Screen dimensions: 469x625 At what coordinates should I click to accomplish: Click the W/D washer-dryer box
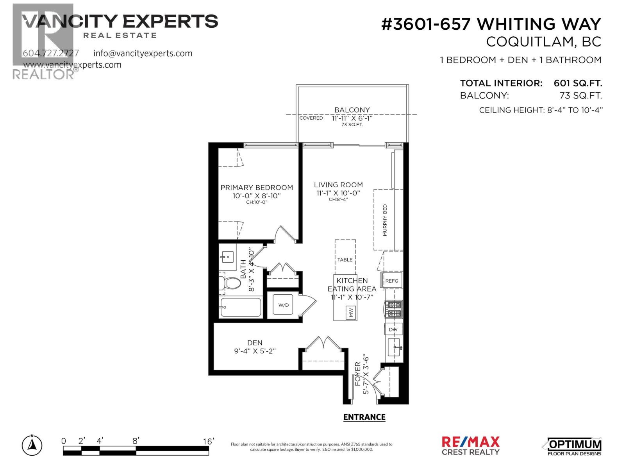pos(284,305)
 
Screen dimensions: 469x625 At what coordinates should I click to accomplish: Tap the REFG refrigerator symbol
pos(392,281)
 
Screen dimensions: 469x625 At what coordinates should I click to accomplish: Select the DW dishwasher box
pos(393,329)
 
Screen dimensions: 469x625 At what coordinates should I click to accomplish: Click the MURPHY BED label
pos(385,220)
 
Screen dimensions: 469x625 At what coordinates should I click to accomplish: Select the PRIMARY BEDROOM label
pos(257,188)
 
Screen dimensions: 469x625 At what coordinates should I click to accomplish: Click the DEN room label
pos(255,343)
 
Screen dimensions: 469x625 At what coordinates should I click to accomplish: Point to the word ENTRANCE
pos(364,417)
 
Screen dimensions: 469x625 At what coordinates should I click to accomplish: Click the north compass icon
pos(32,445)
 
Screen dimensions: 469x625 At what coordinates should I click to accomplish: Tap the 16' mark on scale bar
pos(209,441)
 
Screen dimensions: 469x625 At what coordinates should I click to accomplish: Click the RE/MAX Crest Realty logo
pos(470,446)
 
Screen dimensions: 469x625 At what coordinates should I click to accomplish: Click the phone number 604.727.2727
pos(51,53)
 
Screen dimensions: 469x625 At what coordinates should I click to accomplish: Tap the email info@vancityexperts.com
pos(143,53)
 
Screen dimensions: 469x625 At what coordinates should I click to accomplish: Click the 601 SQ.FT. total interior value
pos(578,83)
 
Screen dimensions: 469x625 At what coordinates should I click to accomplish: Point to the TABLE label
pos(345,260)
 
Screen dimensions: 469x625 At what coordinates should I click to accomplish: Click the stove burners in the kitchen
pos(394,309)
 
